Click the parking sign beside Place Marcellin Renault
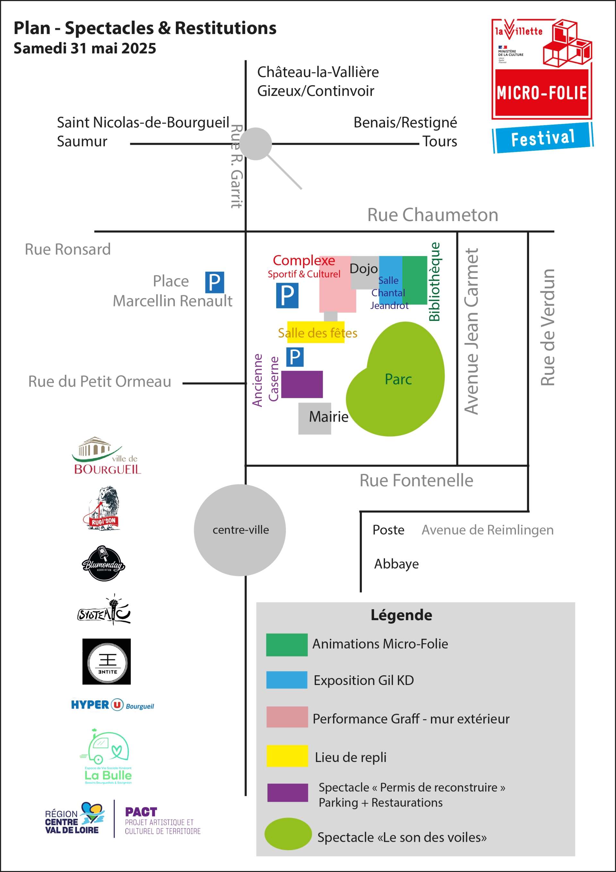pyautogui.click(x=215, y=282)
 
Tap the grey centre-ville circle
pyautogui.click(x=240, y=530)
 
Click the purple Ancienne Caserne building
pyautogui.click(x=302, y=384)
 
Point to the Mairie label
pyautogui.click(x=329, y=417)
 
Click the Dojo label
pyautogui.click(x=364, y=269)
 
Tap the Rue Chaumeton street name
pyautogui.click(x=432, y=215)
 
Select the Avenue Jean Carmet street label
pyautogui.click(x=471, y=331)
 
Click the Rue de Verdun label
pyautogui.click(x=548, y=327)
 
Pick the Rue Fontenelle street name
pyautogui.click(x=416, y=481)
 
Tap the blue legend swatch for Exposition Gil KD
pyautogui.click(x=287, y=680)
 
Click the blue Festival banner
pyautogui.click(x=543, y=138)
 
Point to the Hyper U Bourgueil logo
pyautogui.click(x=112, y=705)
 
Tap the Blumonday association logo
pyautogui.click(x=103, y=564)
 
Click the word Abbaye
pyautogui.click(x=396, y=564)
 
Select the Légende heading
pyautogui.click(x=401, y=615)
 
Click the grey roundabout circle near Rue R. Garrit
pyautogui.click(x=256, y=143)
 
